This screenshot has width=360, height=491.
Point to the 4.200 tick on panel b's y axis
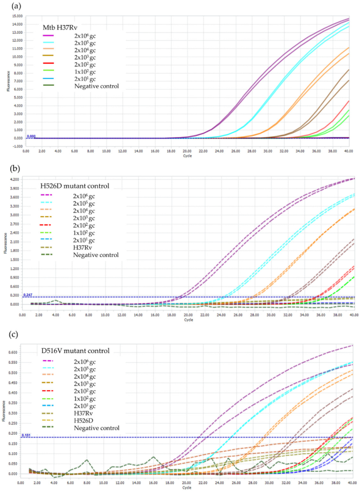[15, 180]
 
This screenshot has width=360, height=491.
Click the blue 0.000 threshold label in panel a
[31, 136]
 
